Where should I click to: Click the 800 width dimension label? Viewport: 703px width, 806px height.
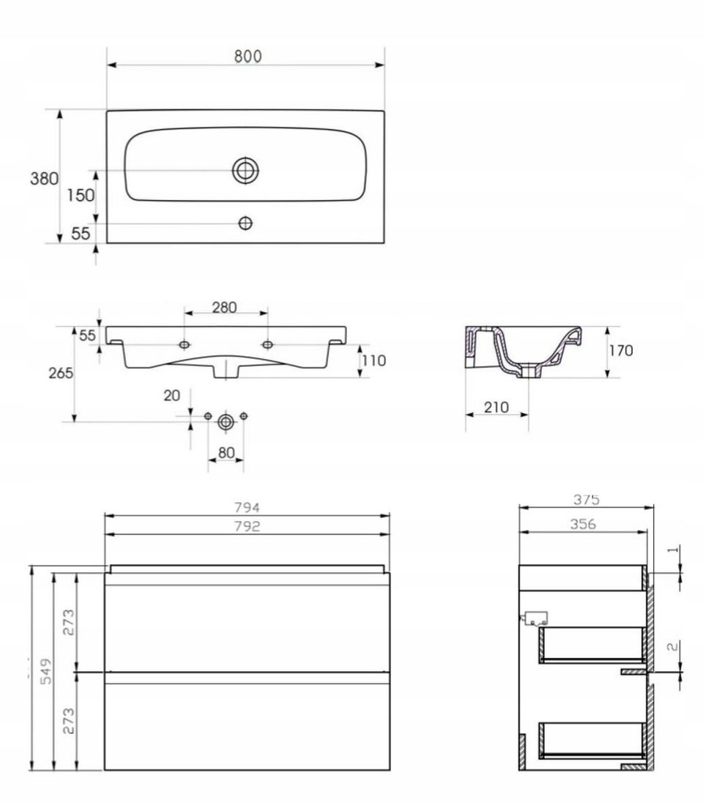tap(248, 56)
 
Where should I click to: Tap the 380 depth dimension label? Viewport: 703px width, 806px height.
tap(44, 178)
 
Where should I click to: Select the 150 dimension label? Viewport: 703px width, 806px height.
tap(81, 196)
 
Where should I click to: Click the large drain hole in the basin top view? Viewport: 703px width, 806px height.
tap(245, 170)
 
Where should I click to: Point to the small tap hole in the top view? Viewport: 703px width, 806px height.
tap(245, 223)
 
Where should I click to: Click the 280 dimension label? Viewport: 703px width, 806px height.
tap(225, 308)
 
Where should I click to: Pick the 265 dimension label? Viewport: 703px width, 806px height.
tap(61, 373)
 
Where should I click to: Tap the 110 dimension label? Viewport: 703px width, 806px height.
tap(373, 361)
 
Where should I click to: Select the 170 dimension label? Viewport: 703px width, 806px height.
tap(621, 350)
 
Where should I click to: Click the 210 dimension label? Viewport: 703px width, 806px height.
tap(496, 407)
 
